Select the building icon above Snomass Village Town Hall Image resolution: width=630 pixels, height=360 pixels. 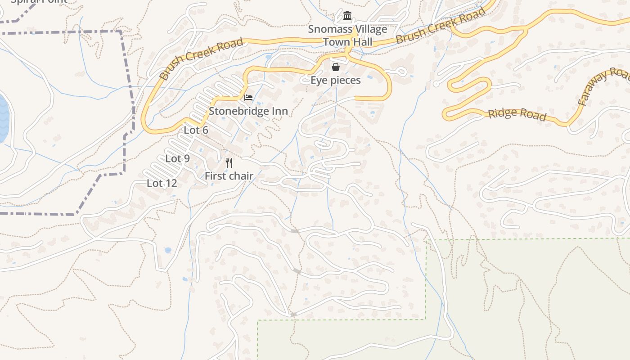click(347, 16)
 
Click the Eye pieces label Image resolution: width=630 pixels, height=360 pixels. click(336, 80)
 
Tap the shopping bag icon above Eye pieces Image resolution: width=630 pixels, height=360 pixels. click(336, 67)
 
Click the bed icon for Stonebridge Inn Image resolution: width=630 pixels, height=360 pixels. click(248, 97)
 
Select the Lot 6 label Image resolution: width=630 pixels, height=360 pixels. click(196, 130)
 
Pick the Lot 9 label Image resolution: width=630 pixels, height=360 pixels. click(177, 158)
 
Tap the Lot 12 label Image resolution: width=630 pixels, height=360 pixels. click(162, 183)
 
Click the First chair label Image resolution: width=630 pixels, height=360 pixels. click(229, 176)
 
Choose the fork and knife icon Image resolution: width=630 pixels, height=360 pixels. click(229, 163)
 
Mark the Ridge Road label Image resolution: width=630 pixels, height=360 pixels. click(517, 114)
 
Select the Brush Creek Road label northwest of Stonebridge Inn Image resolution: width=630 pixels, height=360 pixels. click(201, 59)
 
